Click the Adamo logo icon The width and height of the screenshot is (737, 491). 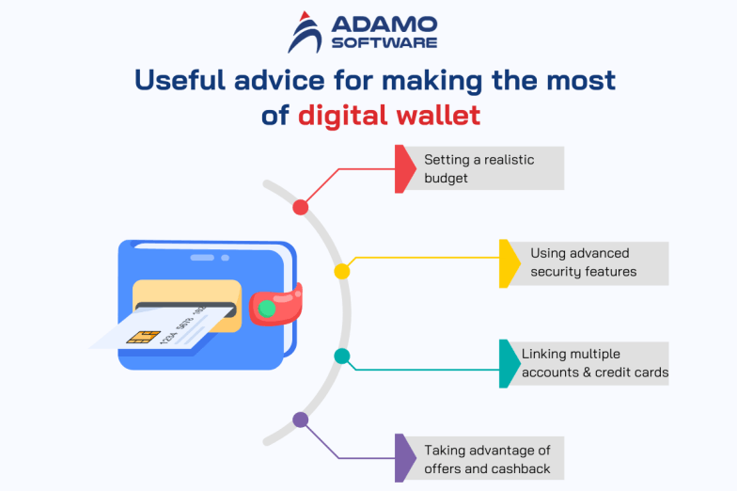click(306, 32)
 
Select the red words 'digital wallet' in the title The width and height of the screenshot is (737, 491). click(389, 116)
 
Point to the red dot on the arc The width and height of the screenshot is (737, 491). click(301, 207)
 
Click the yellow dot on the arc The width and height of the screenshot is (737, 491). click(342, 271)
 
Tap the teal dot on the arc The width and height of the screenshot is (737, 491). click(342, 356)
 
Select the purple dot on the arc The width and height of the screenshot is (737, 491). click(301, 420)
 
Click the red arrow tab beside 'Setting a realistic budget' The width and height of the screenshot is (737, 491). click(403, 168)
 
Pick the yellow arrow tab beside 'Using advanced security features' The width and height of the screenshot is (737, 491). click(508, 263)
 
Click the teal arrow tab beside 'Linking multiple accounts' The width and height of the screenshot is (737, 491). click(508, 364)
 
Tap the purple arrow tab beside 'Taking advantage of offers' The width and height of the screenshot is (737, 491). click(404, 458)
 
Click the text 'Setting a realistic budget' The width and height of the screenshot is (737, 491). click(478, 168)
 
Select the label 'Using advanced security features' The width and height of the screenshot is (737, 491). click(583, 263)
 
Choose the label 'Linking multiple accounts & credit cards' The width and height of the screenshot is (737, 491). click(594, 364)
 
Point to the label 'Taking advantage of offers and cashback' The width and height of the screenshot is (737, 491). click(486, 459)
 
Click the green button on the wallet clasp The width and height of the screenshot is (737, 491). click(268, 308)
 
